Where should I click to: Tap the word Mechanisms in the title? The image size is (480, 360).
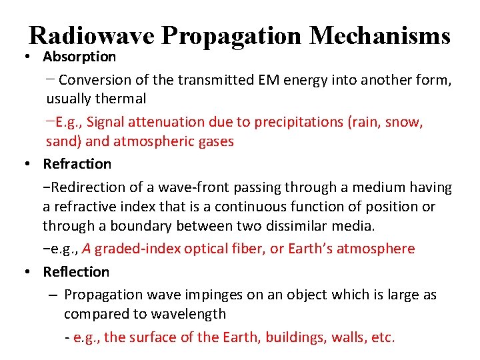point(381,36)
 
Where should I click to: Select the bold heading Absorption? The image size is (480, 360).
point(79,57)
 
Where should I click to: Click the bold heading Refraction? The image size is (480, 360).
point(77,163)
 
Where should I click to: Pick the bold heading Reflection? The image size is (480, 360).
point(76,271)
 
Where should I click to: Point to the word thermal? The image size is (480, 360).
point(120,99)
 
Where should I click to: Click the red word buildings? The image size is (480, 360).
point(295,337)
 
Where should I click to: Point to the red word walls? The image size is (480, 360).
point(347,337)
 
